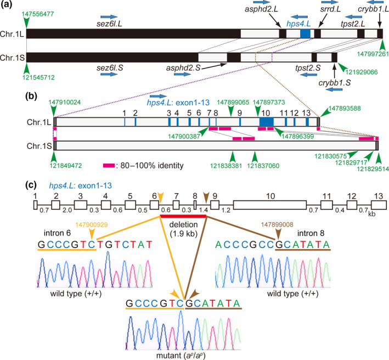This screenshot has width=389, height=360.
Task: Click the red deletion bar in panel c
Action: click(x=183, y=216)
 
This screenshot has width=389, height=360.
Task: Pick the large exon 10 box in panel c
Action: click(x=269, y=204)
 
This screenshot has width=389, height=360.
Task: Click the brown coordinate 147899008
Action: click(x=277, y=225)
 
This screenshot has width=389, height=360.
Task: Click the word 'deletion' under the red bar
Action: click(x=183, y=224)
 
